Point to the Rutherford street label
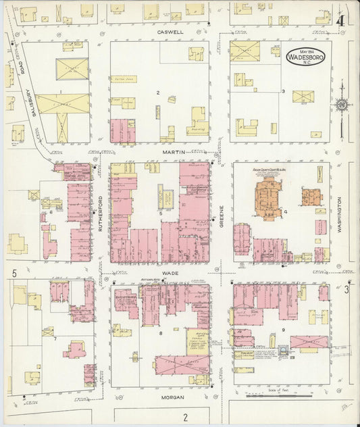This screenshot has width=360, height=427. click(x=101, y=215)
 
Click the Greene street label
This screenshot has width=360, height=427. click(x=221, y=215)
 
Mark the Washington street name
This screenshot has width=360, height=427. click(x=340, y=215)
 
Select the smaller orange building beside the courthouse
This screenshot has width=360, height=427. click(x=311, y=198)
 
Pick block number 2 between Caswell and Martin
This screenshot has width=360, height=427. click(x=158, y=92)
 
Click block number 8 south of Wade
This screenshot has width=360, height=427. click(x=161, y=333)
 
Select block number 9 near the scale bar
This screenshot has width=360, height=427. click(x=284, y=330)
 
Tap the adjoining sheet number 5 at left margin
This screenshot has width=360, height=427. click(x=14, y=273)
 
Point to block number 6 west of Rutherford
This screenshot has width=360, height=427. click(x=51, y=212)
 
